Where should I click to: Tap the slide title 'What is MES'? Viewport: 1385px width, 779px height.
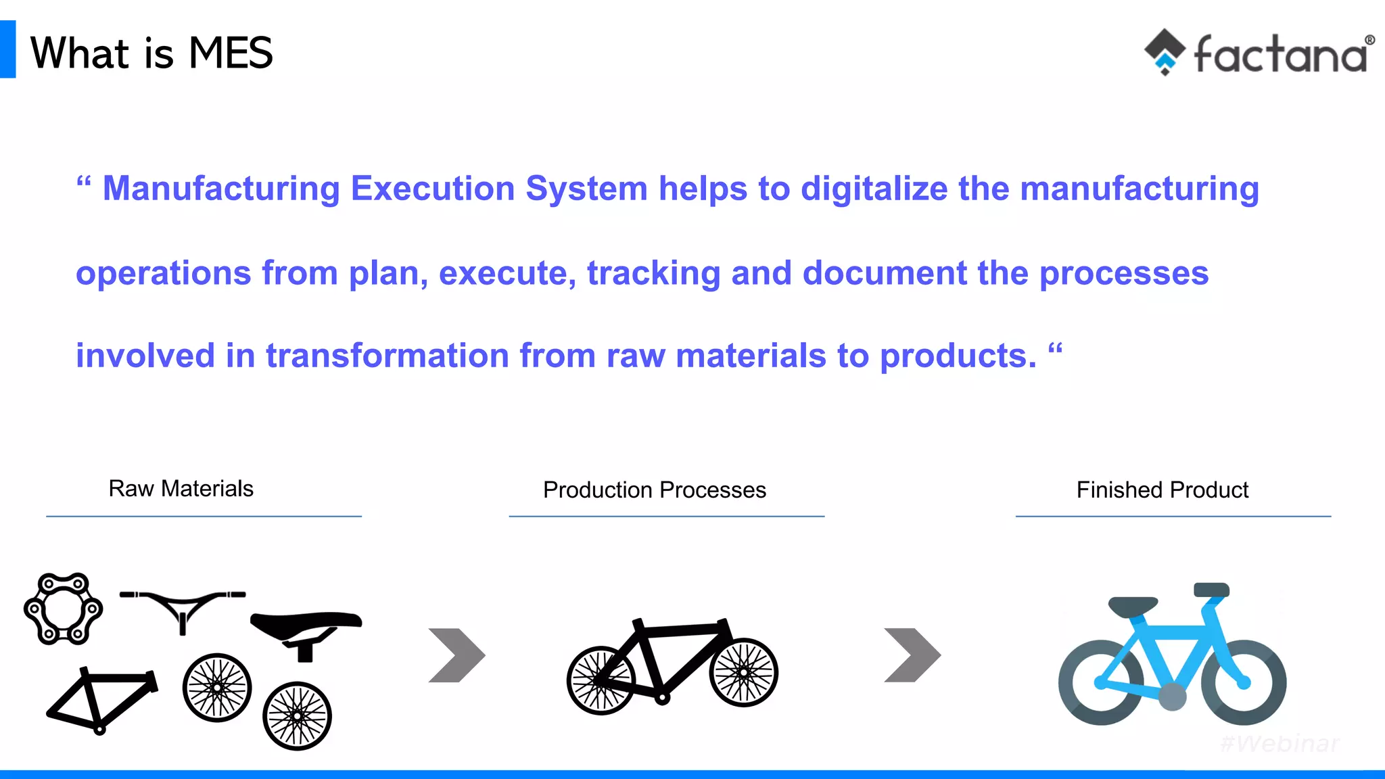(x=151, y=53)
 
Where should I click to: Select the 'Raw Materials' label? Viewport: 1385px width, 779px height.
(x=181, y=488)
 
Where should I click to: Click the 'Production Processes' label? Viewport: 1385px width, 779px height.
(x=654, y=490)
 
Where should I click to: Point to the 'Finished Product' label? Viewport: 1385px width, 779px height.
(x=1162, y=490)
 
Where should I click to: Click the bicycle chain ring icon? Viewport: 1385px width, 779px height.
(x=63, y=609)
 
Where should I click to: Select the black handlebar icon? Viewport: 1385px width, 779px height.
(x=182, y=606)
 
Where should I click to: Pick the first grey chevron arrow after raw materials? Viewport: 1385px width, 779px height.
(x=457, y=655)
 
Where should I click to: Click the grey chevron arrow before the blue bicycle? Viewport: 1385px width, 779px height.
(x=912, y=655)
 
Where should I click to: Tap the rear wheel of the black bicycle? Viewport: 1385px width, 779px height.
(x=601, y=680)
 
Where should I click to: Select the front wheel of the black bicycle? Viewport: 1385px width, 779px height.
(x=744, y=672)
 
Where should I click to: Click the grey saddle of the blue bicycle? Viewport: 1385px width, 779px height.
(x=1133, y=606)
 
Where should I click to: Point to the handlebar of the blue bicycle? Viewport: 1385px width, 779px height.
(x=1211, y=590)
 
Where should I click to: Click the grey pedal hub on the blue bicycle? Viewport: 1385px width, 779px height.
(x=1172, y=697)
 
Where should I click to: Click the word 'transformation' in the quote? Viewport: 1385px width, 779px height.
(x=387, y=356)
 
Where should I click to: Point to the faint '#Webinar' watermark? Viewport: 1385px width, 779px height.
(x=1280, y=743)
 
